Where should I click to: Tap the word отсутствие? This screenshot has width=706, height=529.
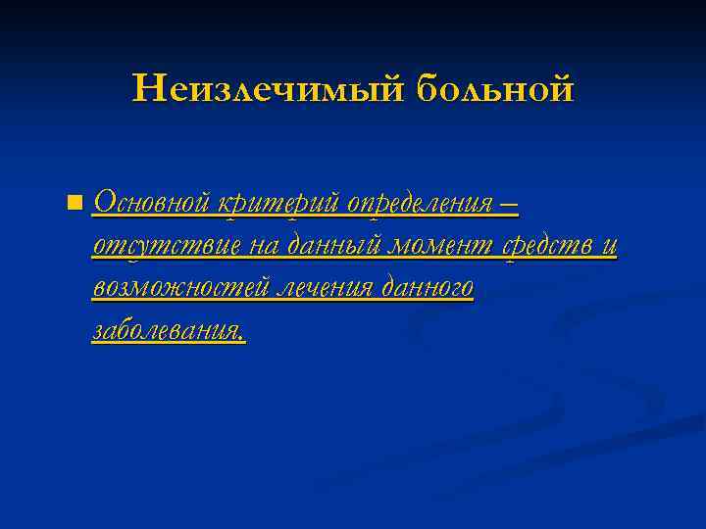click(167, 246)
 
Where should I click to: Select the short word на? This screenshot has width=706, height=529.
click(264, 247)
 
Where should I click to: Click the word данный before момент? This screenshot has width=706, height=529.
click(330, 247)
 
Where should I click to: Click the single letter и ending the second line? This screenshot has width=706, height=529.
click(609, 248)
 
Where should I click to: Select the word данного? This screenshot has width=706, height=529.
click(428, 289)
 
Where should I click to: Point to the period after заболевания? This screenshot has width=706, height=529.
click(242, 338)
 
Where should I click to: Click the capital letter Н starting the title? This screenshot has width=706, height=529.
click(145, 89)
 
